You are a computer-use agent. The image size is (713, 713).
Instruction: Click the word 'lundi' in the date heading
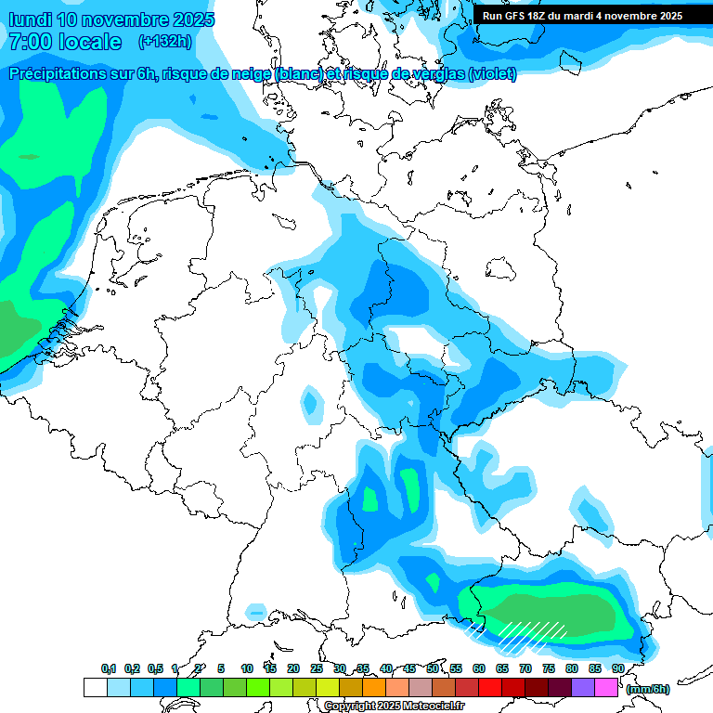(x=30, y=19)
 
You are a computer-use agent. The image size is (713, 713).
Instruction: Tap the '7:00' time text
(x=31, y=42)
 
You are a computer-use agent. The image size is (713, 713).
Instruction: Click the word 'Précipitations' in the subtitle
(x=58, y=74)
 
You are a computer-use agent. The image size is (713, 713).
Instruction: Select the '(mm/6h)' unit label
(x=648, y=690)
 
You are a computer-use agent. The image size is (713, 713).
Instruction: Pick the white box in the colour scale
(x=95, y=687)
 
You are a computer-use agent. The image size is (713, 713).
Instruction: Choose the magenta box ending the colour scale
(x=606, y=687)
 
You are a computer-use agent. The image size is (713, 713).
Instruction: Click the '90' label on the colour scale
(x=617, y=668)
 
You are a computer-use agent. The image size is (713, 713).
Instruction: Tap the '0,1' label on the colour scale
(x=109, y=668)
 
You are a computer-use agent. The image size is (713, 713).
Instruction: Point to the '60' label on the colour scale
(x=479, y=668)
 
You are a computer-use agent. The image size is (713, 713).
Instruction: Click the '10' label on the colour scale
(x=247, y=668)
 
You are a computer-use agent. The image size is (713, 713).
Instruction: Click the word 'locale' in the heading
(x=88, y=42)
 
